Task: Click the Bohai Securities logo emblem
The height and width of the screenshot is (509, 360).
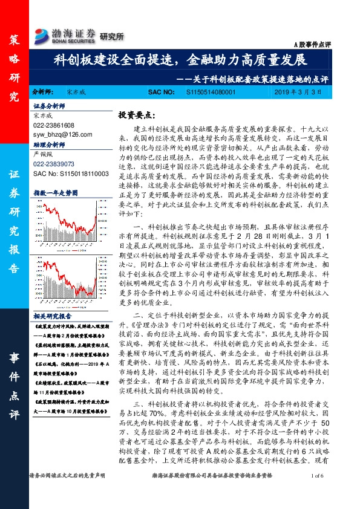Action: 44,34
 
